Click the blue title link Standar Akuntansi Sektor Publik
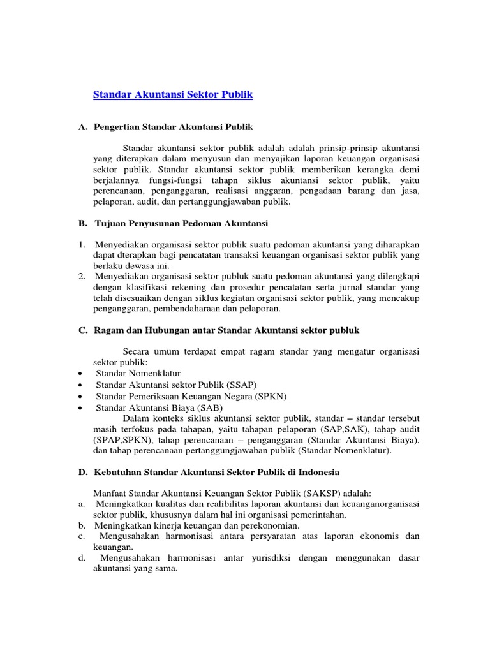coord(173,94)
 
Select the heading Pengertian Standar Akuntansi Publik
coord(174,127)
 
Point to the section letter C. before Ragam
coord(83,330)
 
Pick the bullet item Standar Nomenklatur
coord(138,373)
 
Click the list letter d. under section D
coord(82,558)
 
